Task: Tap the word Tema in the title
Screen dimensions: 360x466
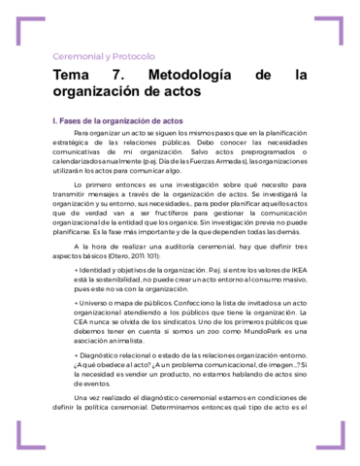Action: click(x=73, y=76)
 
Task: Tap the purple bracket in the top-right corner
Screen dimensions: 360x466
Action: click(x=335, y=28)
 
